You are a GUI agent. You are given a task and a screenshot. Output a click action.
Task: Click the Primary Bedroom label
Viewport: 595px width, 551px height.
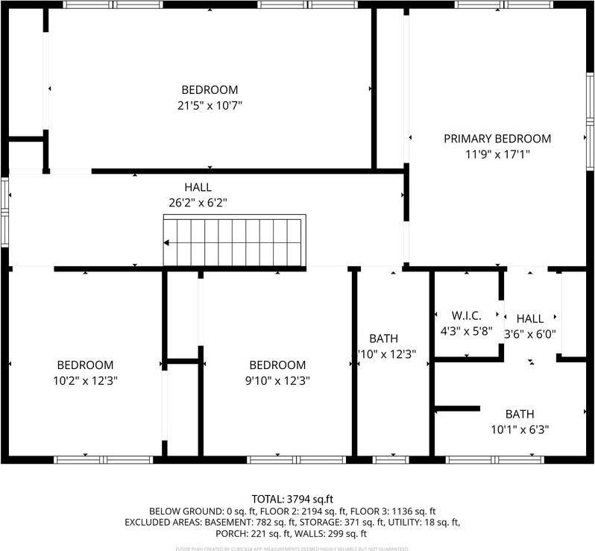point(497,139)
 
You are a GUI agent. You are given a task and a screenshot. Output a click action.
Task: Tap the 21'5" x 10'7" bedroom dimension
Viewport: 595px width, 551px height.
point(205,106)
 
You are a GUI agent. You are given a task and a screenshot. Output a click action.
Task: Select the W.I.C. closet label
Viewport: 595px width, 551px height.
point(467,315)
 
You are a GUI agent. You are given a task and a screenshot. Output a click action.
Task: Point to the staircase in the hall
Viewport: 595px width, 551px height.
point(235,241)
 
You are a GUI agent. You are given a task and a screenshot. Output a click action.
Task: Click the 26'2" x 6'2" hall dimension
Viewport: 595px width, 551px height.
point(198,203)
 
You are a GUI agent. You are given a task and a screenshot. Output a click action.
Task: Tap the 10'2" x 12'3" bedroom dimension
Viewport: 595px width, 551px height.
point(85,380)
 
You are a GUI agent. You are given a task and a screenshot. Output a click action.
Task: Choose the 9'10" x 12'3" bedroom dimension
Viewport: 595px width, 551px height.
point(277,380)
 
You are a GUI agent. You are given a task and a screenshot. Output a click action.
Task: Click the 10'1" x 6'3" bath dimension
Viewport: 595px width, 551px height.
point(520,429)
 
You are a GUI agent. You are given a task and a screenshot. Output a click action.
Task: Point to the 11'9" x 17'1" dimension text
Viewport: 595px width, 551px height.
point(497,155)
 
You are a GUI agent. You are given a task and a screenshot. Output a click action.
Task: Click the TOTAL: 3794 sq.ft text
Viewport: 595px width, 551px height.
point(297,498)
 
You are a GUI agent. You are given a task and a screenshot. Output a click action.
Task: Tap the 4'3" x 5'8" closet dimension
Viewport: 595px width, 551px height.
point(467,332)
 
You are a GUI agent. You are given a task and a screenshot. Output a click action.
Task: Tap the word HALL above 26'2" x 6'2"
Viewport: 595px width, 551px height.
point(198,187)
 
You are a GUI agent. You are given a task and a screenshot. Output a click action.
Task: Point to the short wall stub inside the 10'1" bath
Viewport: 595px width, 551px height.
point(457,409)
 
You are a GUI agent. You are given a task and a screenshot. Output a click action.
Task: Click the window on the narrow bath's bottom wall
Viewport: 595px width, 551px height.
point(391,459)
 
